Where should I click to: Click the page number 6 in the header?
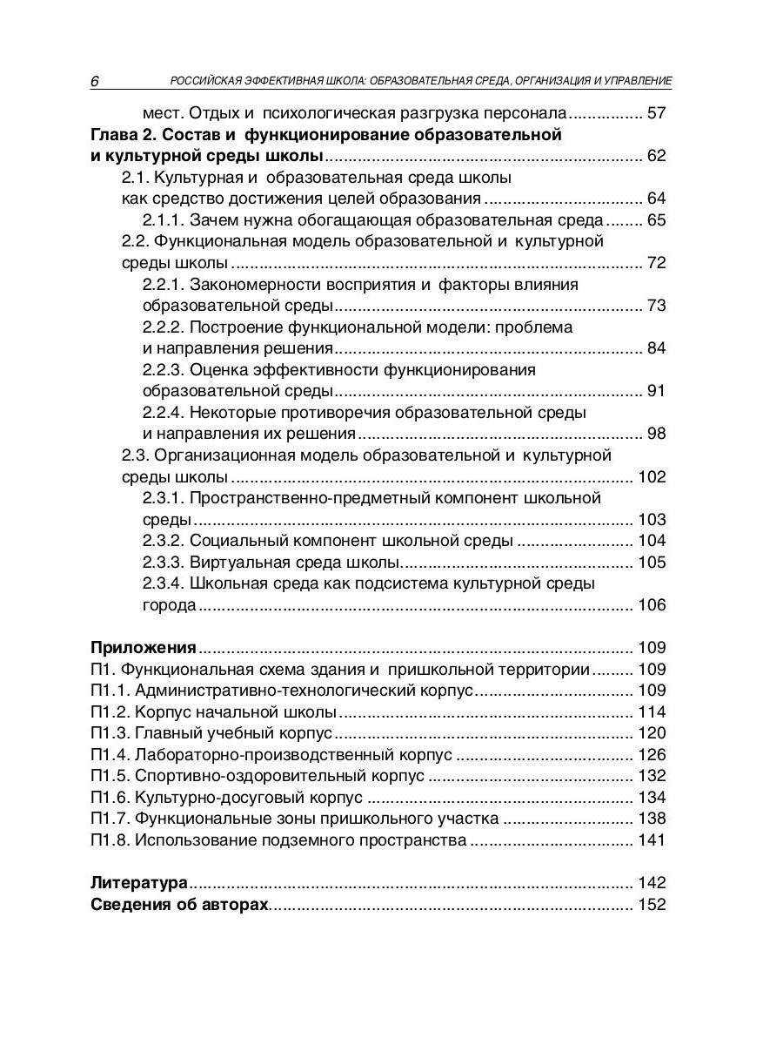click(95, 81)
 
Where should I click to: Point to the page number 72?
click(656, 263)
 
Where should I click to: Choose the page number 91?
click(656, 391)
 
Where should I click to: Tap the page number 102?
click(652, 477)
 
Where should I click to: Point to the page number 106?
click(652, 605)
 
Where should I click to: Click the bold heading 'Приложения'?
click(144, 648)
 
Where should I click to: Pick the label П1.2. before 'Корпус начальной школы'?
click(110, 711)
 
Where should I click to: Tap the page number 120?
click(652, 733)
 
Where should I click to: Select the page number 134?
click(652, 798)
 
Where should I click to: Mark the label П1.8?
click(110, 840)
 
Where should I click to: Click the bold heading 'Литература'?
click(140, 883)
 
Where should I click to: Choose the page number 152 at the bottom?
click(652, 905)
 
